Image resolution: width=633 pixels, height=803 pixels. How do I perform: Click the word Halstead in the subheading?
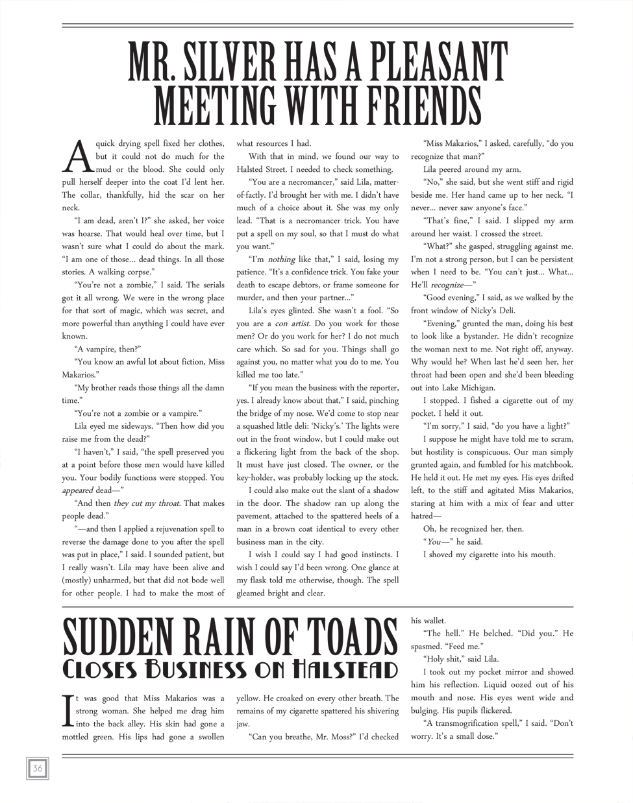tap(345, 669)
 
